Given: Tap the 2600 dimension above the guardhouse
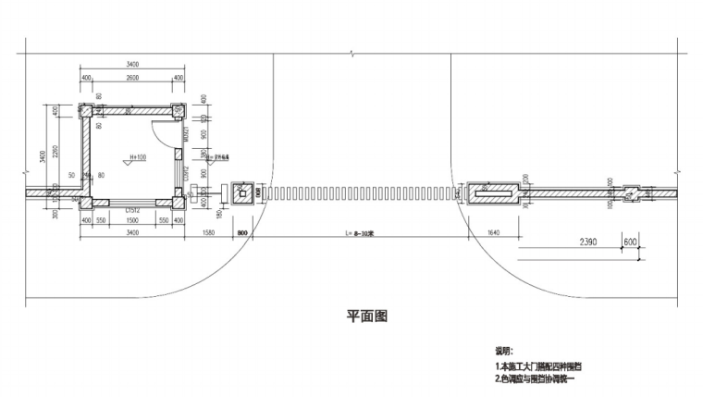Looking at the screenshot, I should point(132,78).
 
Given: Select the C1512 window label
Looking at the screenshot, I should point(133,210).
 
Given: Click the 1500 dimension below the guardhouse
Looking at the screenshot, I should point(132,221).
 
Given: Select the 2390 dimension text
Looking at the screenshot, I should point(586,242).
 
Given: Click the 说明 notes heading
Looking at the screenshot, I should point(503,352).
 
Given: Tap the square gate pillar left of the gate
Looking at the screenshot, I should point(243,192).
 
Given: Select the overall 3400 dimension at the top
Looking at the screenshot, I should point(132,65).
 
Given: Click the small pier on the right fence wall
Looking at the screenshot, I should point(631,192).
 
